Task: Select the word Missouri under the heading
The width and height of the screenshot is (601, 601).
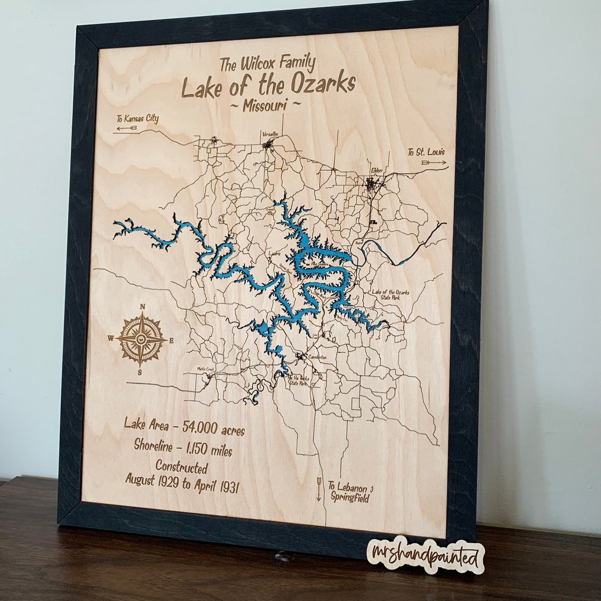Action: tap(266, 105)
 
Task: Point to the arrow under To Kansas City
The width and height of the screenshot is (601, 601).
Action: tap(127, 128)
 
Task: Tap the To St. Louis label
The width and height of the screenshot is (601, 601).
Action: tap(425, 152)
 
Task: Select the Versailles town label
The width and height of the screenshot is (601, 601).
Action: tap(269, 134)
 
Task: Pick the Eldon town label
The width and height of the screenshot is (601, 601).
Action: tap(376, 171)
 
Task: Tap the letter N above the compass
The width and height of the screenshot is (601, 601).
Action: tap(142, 307)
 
